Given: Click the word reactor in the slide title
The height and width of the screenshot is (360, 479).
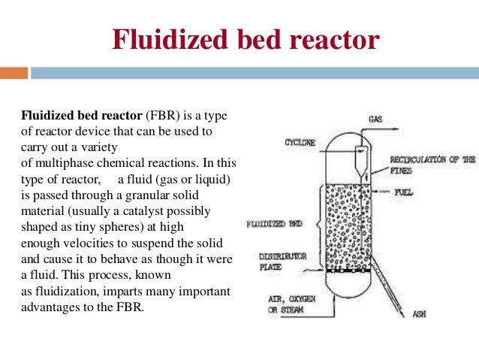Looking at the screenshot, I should (327, 40).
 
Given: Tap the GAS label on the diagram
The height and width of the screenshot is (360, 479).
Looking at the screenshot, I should (377, 119).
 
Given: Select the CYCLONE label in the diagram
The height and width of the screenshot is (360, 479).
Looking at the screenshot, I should (301, 142).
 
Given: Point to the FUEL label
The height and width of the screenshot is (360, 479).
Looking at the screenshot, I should (404, 192).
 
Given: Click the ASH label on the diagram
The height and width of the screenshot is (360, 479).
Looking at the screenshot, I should (418, 313).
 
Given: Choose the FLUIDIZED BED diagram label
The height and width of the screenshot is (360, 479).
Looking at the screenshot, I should (275, 224).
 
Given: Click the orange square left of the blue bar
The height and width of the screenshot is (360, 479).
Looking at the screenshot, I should (14, 73).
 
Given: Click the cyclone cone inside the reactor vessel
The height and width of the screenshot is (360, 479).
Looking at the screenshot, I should (359, 159).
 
